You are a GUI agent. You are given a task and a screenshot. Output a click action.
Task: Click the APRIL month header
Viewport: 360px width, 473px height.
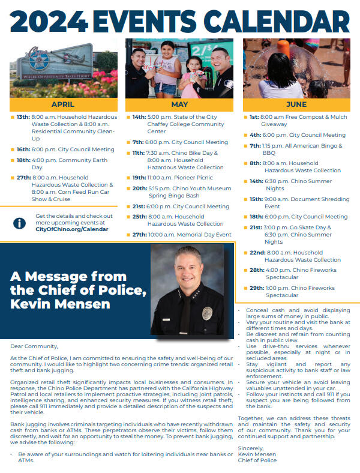click(x=63, y=104)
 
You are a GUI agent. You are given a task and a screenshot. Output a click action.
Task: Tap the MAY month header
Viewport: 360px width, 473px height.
click(x=179, y=104)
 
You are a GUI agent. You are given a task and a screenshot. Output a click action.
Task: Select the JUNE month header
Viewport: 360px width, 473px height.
click(x=296, y=104)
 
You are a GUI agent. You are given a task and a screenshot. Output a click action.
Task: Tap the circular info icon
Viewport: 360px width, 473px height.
click(x=20, y=223)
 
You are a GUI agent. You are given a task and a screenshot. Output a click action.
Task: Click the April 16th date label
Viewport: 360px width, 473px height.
click(x=23, y=149)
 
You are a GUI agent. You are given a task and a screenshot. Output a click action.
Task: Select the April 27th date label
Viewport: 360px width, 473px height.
click(x=23, y=178)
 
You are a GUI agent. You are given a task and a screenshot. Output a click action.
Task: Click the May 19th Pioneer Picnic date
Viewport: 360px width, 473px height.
click(x=139, y=178)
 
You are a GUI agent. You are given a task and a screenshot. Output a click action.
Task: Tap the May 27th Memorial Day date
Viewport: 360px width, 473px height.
click(x=139, y=235)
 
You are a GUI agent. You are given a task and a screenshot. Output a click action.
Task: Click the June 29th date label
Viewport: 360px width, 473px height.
click(x=257, y=288)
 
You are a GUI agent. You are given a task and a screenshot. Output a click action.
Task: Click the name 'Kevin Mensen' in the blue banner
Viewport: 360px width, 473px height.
click(x=60, y=304)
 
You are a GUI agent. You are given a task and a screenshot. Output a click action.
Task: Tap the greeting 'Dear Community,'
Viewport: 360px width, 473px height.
click(x=34, y=346)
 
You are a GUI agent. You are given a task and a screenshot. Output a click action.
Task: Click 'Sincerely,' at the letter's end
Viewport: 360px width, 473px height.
click(x=251, y=448)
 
